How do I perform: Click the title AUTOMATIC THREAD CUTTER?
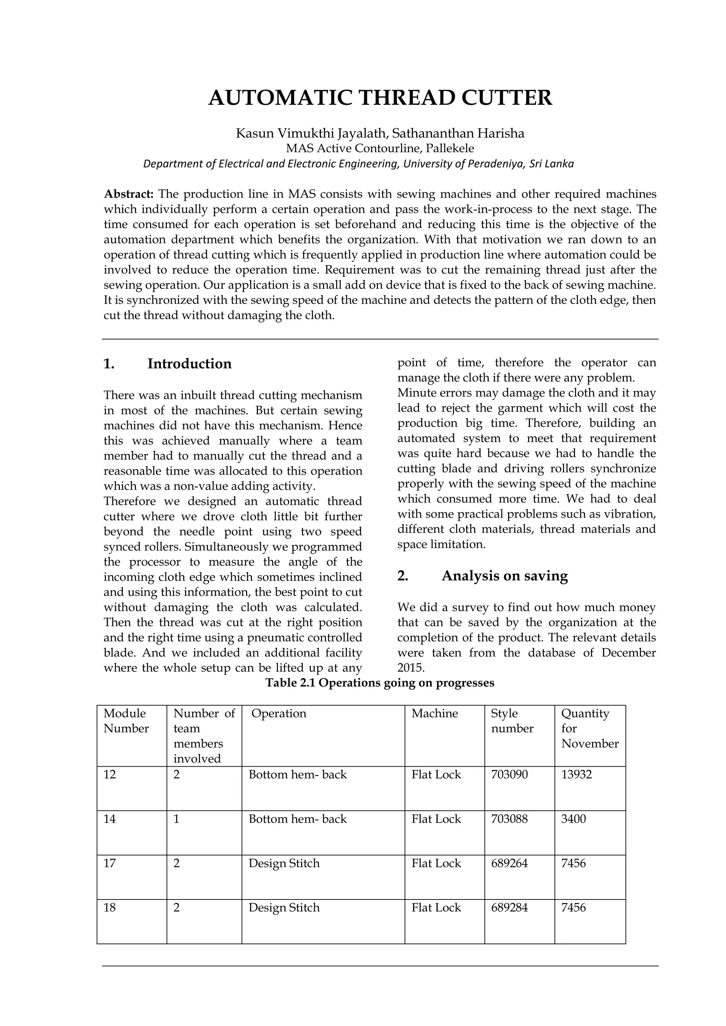coord(380,98)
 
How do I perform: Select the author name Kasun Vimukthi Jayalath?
coord(308,133)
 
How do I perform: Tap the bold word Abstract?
coord(129,194)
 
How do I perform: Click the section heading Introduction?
coord(190,364)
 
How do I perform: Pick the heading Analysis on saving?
coord(505,576)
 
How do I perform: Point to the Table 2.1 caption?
coord(380,683)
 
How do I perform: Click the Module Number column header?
coord(125,721)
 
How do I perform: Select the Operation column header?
coord(279,713)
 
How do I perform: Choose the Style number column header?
coord(512,721)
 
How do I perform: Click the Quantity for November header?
coord(590,728)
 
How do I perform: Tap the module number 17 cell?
coord(110,863)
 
